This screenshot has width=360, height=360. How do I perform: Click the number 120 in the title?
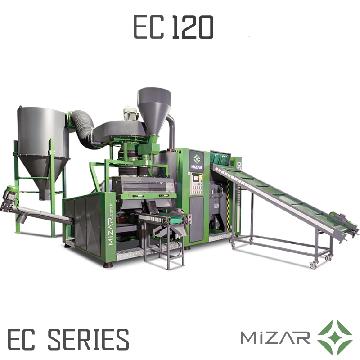click(193, 27)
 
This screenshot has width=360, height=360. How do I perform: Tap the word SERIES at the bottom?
click(88, 339)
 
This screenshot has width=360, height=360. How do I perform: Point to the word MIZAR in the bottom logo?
click(275, 337)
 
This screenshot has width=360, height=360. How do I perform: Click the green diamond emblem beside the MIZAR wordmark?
click(335, 337)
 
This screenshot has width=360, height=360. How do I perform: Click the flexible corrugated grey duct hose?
click(83, 128)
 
